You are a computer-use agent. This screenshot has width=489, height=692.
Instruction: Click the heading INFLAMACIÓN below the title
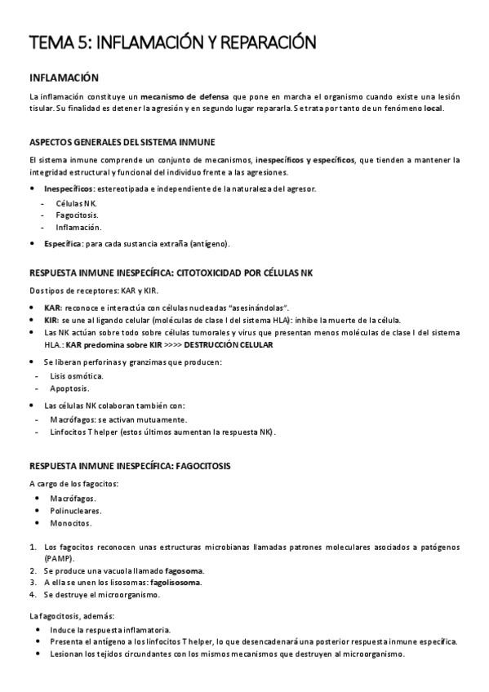(64, 78)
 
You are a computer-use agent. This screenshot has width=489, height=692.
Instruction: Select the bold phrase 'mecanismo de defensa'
(179, 96)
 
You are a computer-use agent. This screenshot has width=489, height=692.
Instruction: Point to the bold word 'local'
(433, 109)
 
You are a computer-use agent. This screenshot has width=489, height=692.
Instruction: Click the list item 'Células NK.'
(76, 202)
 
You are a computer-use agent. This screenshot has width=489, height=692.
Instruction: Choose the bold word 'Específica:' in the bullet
(63, 243)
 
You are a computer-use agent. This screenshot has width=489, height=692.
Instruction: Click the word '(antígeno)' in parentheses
(210, 243)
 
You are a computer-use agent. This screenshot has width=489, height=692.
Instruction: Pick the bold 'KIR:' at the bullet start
(51, 320)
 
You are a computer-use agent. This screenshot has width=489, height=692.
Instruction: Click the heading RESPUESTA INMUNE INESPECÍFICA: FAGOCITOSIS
(130, 466)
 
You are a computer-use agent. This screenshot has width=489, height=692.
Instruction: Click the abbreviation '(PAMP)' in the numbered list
(59, 559)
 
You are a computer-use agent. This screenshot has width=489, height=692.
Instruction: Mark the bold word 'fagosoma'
(184, 570)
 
